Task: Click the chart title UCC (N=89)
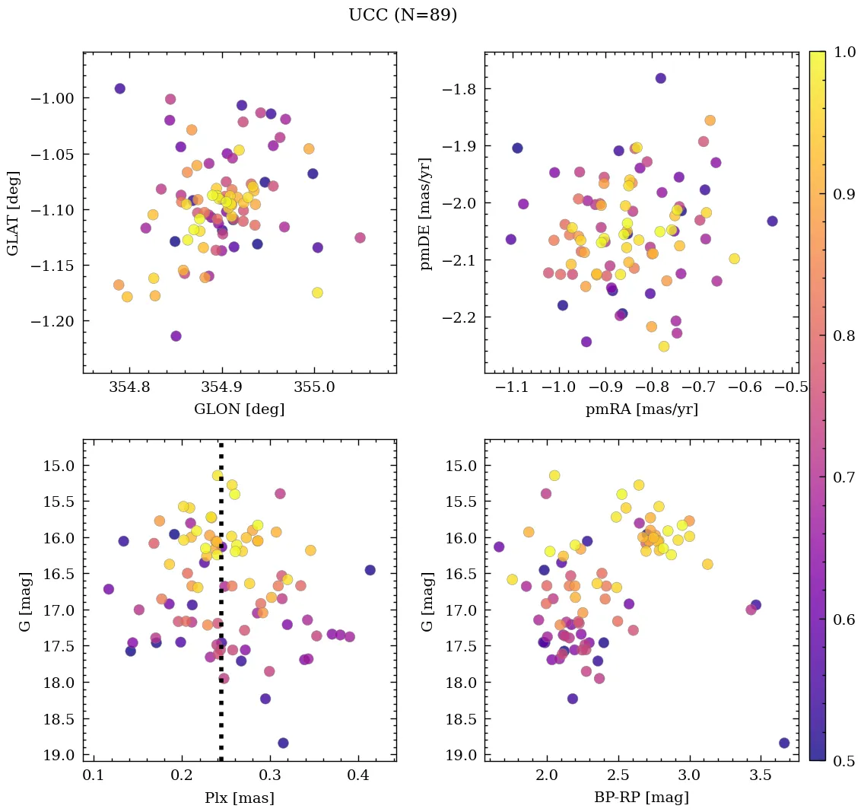[402, 15]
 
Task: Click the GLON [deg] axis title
[239, 409]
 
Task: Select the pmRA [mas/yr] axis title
[641, 409]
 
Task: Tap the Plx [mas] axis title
[239, 798]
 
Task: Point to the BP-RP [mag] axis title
[641, 798]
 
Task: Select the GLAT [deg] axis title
[13, 212]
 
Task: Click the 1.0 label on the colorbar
[844, 53]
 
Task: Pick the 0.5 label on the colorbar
[844, 761]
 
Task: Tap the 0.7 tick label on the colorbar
[844, 477]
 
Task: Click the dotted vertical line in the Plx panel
[221, 609]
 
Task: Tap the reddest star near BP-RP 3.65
[784, 743]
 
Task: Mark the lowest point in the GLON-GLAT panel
[176, 336]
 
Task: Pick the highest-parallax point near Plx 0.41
[370, 570]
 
